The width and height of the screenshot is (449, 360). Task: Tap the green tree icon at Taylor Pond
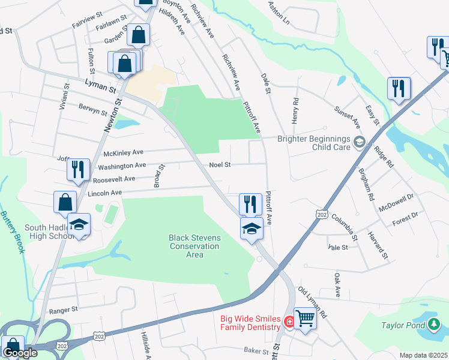(434, 325)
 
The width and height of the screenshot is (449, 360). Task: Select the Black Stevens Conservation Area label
(194, 246)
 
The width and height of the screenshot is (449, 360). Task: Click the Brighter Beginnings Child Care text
(313, 143)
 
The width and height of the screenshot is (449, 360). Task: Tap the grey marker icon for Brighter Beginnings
(360, 142)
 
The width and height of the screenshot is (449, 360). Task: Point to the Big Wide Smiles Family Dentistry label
(250, 323)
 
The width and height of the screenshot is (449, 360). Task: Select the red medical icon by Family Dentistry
(289, 322)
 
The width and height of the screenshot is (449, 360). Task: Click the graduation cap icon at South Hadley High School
(79, 224)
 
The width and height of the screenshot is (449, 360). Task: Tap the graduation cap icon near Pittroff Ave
(252, 227)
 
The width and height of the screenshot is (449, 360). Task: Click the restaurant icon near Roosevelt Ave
(78, 169)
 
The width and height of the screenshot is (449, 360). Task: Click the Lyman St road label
(100, 88)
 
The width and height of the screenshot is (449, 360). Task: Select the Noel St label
(220, 165)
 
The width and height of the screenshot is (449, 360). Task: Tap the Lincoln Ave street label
(104, 193)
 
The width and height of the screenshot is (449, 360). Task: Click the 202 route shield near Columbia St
(322, 214)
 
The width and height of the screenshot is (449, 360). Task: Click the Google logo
(20, 353)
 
